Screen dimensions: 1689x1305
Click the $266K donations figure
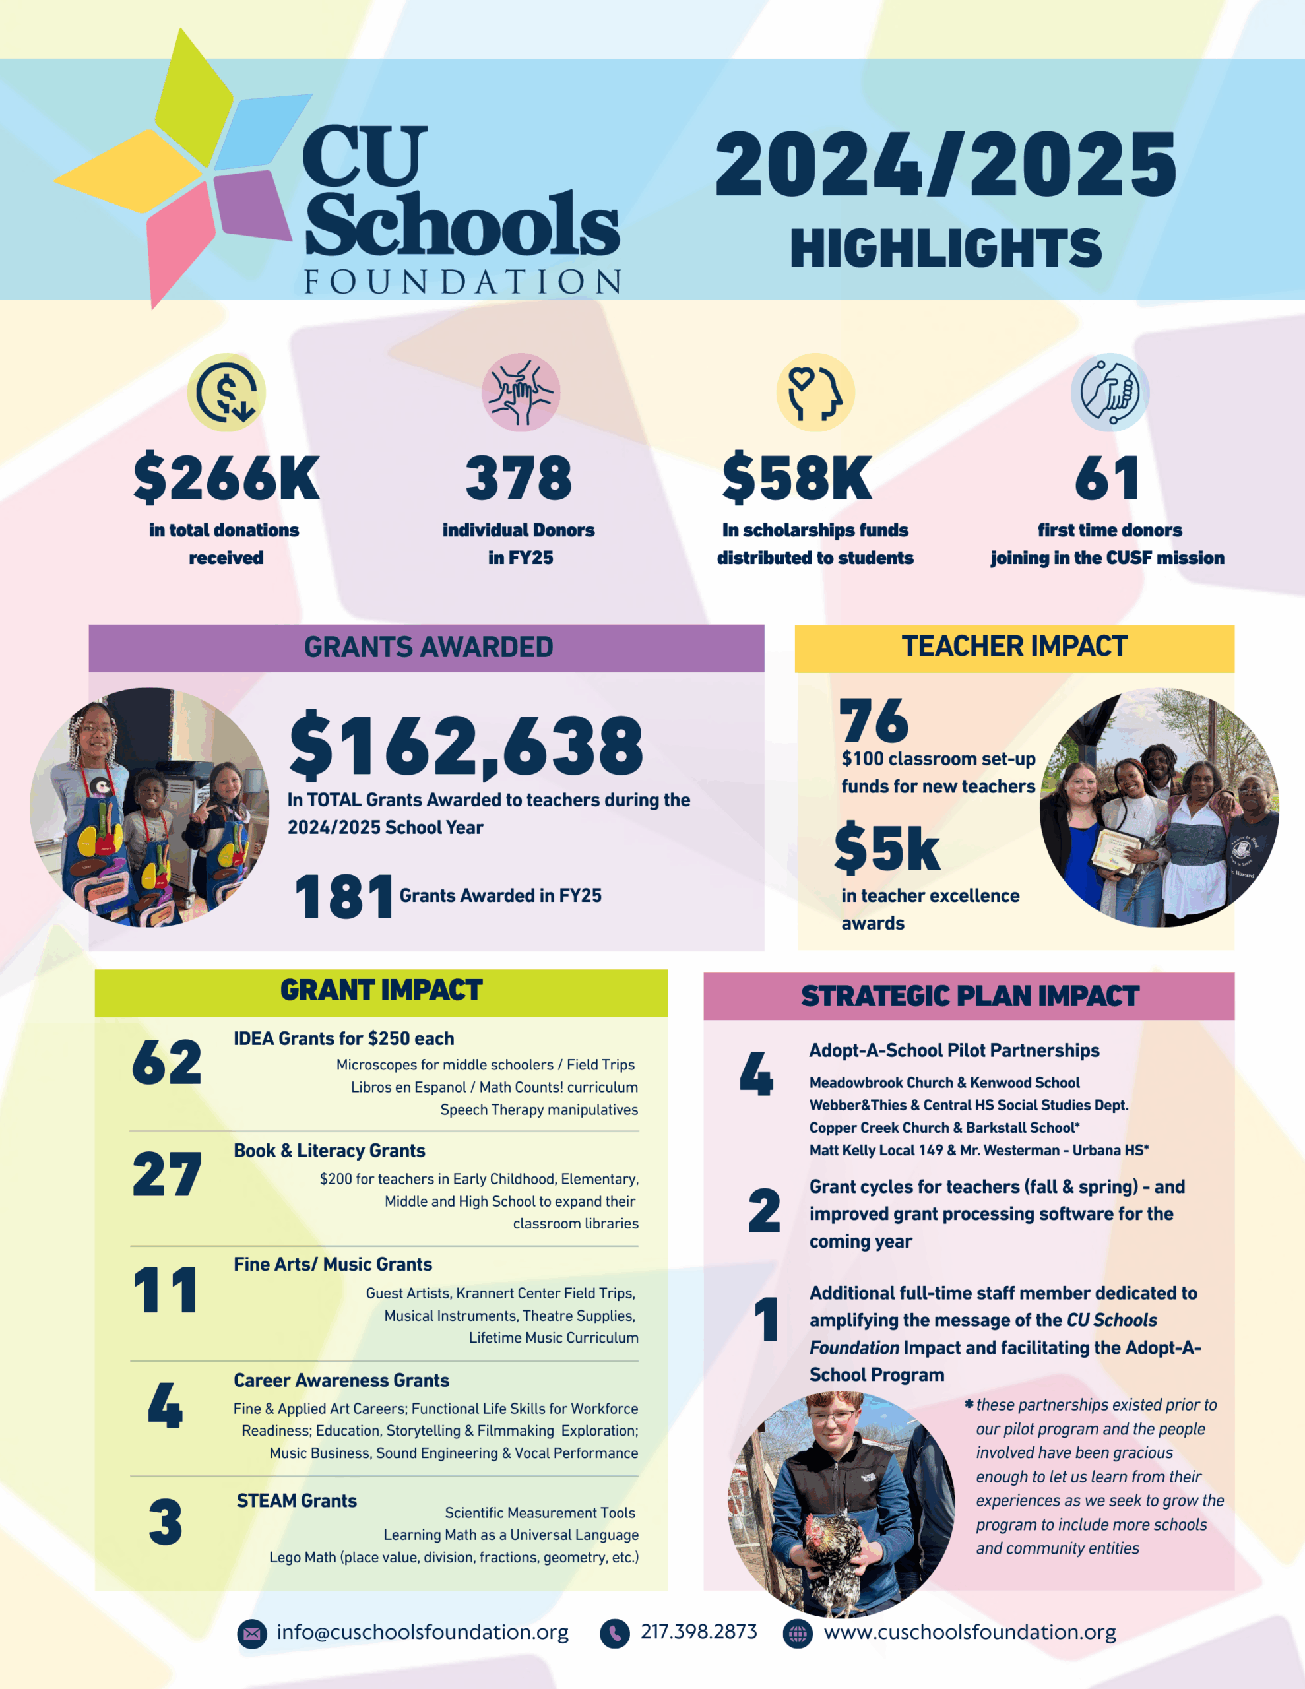pos(226,478)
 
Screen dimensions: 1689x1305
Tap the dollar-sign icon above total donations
pos(226,392)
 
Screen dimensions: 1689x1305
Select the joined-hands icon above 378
pos(521,392)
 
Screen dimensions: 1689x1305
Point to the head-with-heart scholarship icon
pos(815,392)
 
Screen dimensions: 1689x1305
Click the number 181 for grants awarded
pos(344,897)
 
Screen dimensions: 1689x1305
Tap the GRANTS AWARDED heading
pos(428,647)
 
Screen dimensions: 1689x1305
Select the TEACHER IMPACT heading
pos(1014,647)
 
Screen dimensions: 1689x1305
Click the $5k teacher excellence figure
pos(887,848)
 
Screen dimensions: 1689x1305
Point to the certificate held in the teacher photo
pos(1118,850)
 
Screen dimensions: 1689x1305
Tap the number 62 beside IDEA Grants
pos(166,1063)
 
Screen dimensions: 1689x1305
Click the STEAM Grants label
pos(296,1501)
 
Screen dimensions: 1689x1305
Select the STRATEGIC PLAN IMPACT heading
pos(969,996)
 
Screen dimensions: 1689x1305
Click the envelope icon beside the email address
pos(251,1634)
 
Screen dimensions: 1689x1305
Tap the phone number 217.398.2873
pos(699,1632)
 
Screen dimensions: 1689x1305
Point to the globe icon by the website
pos(798,1634)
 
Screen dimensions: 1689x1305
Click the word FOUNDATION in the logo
pos(462,282)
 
